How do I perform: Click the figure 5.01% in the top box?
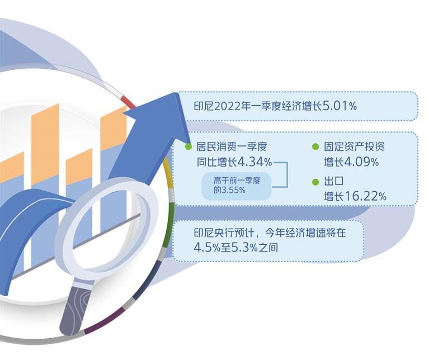[x=340, y=106]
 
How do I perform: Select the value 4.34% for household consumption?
[x=254, y=162]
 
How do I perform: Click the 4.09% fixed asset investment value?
[x=361, y=162]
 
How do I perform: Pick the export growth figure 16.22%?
[x=365, y=196]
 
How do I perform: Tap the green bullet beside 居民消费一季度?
[x=188, y=146]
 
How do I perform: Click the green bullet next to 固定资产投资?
[x=315, y=146]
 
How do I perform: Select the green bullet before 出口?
[x=315, y=182]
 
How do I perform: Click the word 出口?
[x=334, y=181]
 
